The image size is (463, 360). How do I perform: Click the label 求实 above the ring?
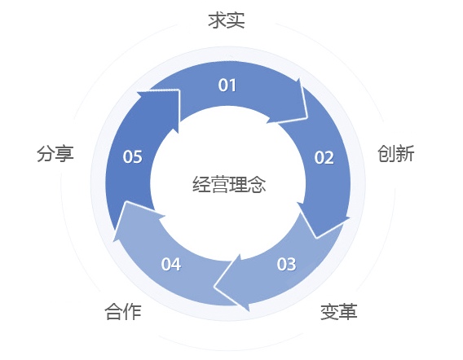(x=227, y=20)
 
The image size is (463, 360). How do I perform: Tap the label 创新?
(x=395, y=153)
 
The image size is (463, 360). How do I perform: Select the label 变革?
(x=338, y=312)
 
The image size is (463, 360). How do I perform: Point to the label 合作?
(x=123, y=312)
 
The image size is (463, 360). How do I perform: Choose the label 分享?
(x=55, y=153)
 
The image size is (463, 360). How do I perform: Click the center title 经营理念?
(x=229, y=184)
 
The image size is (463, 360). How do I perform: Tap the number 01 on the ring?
(x=227, y=86)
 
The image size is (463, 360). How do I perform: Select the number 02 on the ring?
(x=324, y=157)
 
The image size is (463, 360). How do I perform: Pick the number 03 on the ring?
(x=286, y=264)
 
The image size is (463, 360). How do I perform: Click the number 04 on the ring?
(x=171, y=264)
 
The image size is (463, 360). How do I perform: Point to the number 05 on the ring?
(x=133, y=156)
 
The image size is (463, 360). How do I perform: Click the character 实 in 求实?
(x=236, y=20)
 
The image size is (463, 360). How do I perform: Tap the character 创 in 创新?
(x=386, y=153)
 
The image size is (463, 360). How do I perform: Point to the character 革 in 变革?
(x=348, y=312)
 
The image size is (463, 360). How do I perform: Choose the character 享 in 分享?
(x=64, y=153)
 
